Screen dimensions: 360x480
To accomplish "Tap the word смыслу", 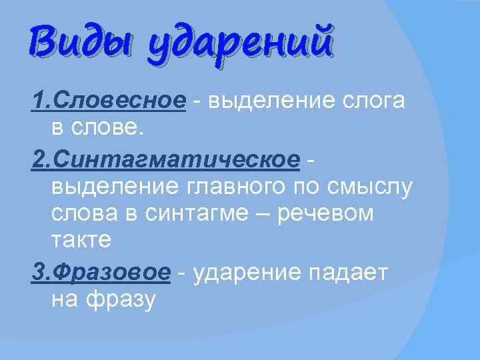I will click(x=370, y=187).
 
